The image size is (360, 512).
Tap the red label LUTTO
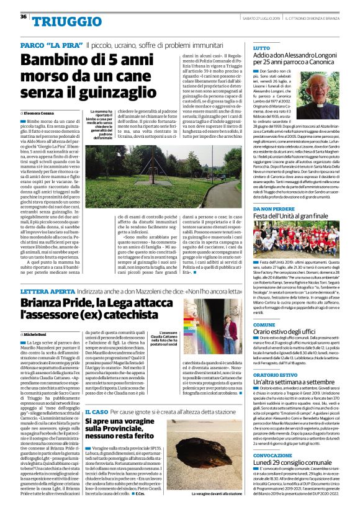click(x=262, y=48)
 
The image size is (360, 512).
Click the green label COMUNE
click(x=264, y=325)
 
